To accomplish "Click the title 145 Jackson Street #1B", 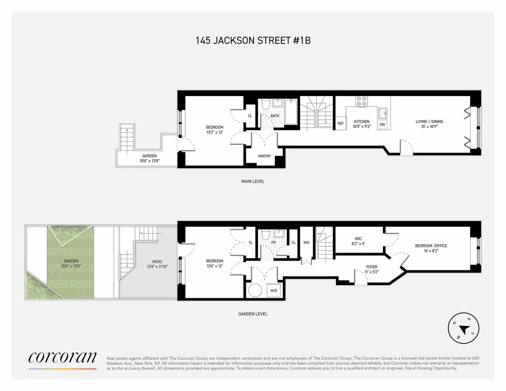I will click(253, 40).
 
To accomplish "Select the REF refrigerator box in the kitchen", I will click(341, 124).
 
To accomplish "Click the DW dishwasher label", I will click(382, 124).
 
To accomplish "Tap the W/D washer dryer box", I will click(274, 291).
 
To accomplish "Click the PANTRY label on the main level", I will click(264, 156).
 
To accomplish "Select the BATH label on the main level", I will click(275, 116).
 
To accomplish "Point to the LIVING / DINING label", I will click(429, 121).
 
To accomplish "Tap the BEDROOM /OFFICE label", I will click(431, 246).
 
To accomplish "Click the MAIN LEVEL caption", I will click(253, 181).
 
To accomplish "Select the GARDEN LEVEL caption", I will click(253, 314).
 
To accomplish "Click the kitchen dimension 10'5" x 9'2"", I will click(362, 126).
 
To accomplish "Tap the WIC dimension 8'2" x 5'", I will click(358, 243).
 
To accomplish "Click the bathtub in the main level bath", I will click(291, 112).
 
